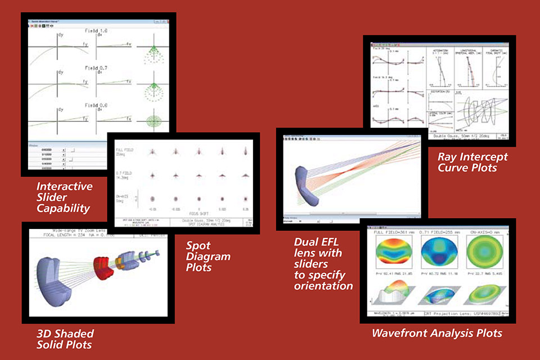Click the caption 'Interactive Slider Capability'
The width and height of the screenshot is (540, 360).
click(x=63, y=197)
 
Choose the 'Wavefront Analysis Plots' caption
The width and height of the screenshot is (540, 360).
click(x=436, y=333)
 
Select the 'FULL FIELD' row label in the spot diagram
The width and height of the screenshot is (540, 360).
click(x=125, y=151)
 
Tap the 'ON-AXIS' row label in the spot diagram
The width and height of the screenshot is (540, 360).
click(x=125, y=197)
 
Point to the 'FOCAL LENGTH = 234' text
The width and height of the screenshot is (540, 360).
click(x=63, y=237)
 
